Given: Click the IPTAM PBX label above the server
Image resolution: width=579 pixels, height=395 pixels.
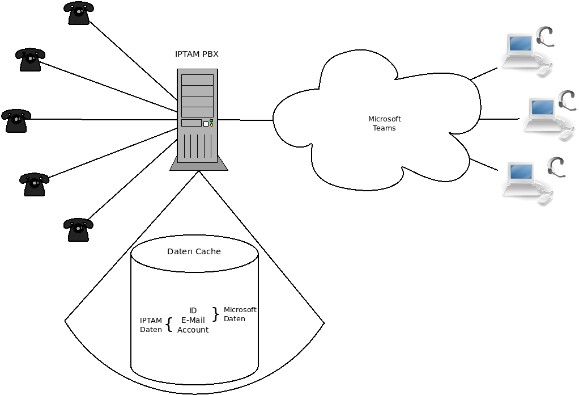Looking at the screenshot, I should pos(197,54).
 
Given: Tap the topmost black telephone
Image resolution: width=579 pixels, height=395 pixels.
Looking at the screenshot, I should pos(79,13).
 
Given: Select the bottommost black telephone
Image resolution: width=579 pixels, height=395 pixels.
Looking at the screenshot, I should pos(78,230).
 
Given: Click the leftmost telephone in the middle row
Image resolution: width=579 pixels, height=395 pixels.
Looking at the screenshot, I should pos(16,121).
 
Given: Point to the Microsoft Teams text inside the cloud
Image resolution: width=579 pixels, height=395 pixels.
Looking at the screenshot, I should pos(384,123).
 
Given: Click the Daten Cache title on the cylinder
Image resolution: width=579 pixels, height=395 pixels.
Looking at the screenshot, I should pos(194,251).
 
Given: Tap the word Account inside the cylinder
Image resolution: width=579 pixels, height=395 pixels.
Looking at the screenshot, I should pos(193,330).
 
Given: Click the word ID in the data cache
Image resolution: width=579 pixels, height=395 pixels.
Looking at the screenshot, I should pos(193,310).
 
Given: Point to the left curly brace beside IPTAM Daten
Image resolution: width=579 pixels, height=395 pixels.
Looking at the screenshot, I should pos(169,325).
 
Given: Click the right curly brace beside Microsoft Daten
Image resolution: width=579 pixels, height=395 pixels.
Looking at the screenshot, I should pos(215,314).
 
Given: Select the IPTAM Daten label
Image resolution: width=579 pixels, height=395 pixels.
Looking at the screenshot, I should pos(151,325).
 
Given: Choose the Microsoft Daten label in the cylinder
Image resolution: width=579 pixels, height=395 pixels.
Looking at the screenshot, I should pos(240,314).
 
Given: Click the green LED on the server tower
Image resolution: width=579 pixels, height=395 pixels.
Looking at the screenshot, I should pos(211,120).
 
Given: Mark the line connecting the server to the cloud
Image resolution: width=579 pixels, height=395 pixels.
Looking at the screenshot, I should pos(245,120).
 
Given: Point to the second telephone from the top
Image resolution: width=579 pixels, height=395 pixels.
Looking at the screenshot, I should pos(30,60).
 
